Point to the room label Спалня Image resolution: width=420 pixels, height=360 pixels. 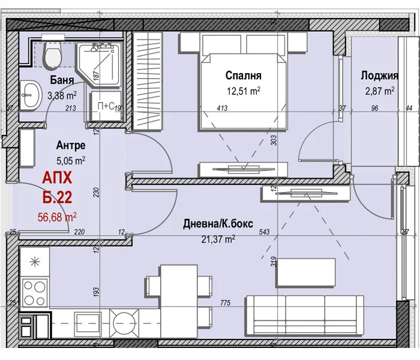coord(243,76)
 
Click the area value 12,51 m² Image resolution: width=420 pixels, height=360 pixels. coord(244,91)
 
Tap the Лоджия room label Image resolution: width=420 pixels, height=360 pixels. coord(379,76)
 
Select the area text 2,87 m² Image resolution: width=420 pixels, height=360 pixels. coord(380,91)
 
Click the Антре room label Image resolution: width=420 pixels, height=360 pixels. coord(71,145)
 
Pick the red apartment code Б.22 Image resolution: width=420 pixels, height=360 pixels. coord(58,197)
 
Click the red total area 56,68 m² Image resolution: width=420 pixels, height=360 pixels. coord(57,217)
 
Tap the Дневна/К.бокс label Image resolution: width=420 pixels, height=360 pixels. coord(218,224)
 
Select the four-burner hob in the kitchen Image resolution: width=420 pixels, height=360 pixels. coord(35,293)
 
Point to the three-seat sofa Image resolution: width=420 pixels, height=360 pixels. coord(305,316)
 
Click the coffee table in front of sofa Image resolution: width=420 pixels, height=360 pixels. coord(306,272)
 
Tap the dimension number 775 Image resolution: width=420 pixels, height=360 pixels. coord(225,302)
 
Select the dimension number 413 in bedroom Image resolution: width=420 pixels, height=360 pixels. coord(222,108)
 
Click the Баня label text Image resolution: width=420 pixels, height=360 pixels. coord(62,80)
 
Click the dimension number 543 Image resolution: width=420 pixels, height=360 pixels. coord(265,232)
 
